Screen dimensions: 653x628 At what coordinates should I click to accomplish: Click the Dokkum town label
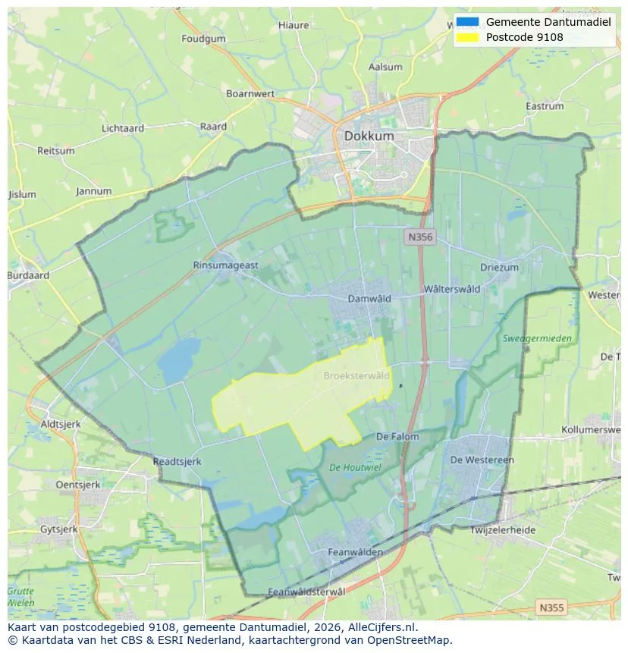coord(369,136)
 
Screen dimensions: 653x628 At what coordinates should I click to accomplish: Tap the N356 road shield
coord(419,237)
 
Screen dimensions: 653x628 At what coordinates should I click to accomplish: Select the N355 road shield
coord(551,607)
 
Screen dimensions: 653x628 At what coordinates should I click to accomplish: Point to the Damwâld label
coord(369,299)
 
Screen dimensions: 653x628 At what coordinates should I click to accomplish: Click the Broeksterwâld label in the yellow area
coord(356,375)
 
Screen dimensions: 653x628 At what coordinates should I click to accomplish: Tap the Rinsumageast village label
coord(226,265)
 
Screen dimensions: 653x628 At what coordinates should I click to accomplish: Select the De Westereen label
coord(482,460)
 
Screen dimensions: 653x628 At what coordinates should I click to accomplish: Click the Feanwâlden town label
coord(355,552)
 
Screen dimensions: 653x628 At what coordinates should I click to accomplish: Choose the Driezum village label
coord(499,268)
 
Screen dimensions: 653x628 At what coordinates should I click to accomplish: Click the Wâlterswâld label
coord(452,289)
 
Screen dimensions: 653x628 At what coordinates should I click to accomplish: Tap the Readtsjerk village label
coord(177,461)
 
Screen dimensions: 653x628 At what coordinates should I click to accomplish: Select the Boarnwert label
coord(250,94)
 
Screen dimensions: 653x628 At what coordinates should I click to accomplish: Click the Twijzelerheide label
coord(503,530)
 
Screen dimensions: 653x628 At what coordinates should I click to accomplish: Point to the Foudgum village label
coord(204,39)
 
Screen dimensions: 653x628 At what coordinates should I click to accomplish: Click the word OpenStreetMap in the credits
coord(410,640)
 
